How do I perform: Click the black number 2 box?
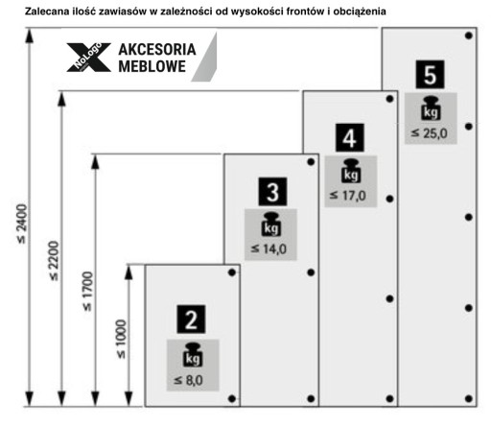[x=191, y=319]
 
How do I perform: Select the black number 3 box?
[x=272, y=192]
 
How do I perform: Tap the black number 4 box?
[x=350, y=137]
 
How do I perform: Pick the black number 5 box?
[x=430, y=74]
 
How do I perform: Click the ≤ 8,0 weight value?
[x=188, y=380]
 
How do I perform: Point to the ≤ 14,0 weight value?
[x=269, y=248]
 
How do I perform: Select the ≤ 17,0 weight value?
[x=348, y=196]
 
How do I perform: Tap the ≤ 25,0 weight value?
[x=429, y=133]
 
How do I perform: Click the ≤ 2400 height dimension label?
[x=22, y=224]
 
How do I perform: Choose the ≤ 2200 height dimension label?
[x=54, y=261]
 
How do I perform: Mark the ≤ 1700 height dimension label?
[x=87, y=292]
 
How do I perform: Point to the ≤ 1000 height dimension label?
[x=122, y=339]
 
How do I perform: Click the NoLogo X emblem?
[x=88, y=57]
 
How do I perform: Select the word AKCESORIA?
[x=157, y=50]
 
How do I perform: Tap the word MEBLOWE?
[x=152, y=66]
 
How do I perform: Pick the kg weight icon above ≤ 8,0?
[x=193, y=355]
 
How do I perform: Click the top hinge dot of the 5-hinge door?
[x=469, y=35]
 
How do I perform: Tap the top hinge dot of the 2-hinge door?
[x=232, y=272]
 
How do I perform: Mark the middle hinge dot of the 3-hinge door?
[x=311, y=272]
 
